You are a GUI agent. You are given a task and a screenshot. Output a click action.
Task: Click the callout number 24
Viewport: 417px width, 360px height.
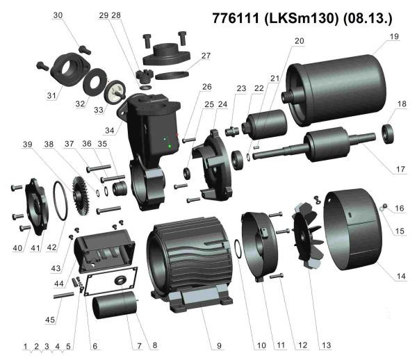click(222, 104)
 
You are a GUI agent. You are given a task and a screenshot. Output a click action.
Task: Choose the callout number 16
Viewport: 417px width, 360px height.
click(400, 208)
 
